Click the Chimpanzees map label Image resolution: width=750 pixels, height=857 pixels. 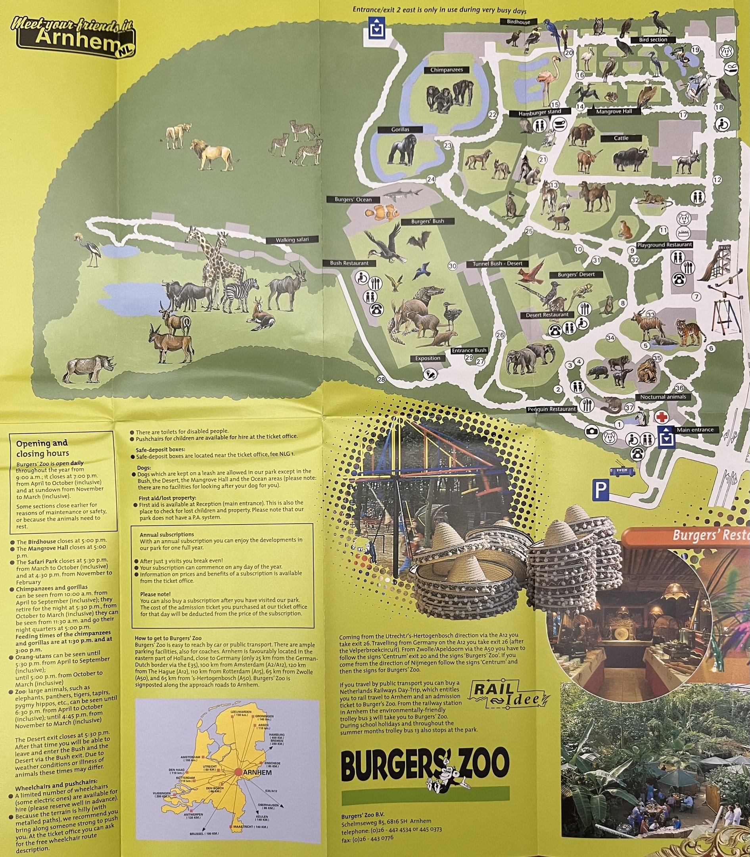[x=447, y=70]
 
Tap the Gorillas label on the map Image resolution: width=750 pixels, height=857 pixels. [x=400, y=130]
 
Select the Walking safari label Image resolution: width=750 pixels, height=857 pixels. [x=292, y=240]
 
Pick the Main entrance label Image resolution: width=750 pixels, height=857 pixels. [x=695, y=430]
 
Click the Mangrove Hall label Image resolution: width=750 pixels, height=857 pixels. [x=614, y=112]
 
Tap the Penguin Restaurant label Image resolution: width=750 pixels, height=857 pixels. [x=551, y=409]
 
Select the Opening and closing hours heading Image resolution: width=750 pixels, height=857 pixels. [x=42, y=448]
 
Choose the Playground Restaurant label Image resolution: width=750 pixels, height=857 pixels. [x=664, y=244]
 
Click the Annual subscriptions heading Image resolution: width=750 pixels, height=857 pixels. [x=167, y=534]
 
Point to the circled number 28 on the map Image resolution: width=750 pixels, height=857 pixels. [x=381, y=379]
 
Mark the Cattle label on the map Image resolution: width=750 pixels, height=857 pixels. [x=621, y=138]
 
